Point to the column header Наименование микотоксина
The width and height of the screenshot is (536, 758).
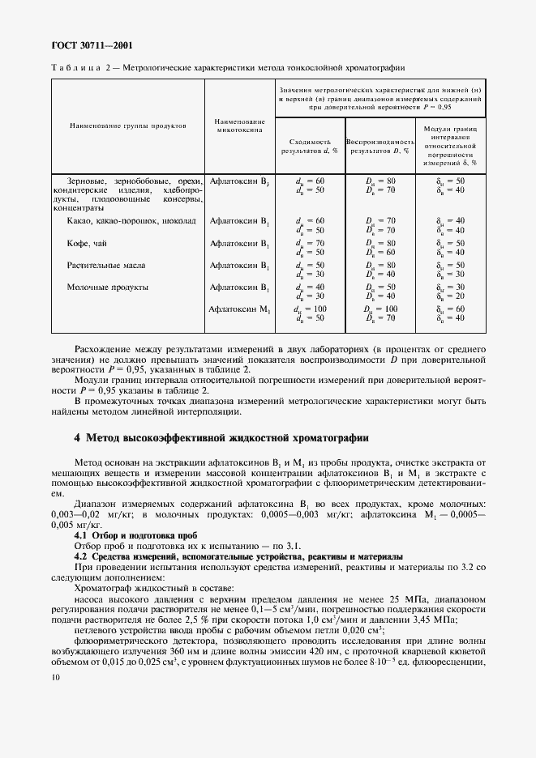239,126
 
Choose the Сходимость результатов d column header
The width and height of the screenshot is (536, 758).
308,145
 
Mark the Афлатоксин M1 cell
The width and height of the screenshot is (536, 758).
239,309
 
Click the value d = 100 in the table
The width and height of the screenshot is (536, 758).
311,309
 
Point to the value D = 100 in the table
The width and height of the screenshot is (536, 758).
380,309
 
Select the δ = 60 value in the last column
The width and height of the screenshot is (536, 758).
450,309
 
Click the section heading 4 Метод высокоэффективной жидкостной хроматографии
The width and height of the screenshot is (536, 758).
221,438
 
